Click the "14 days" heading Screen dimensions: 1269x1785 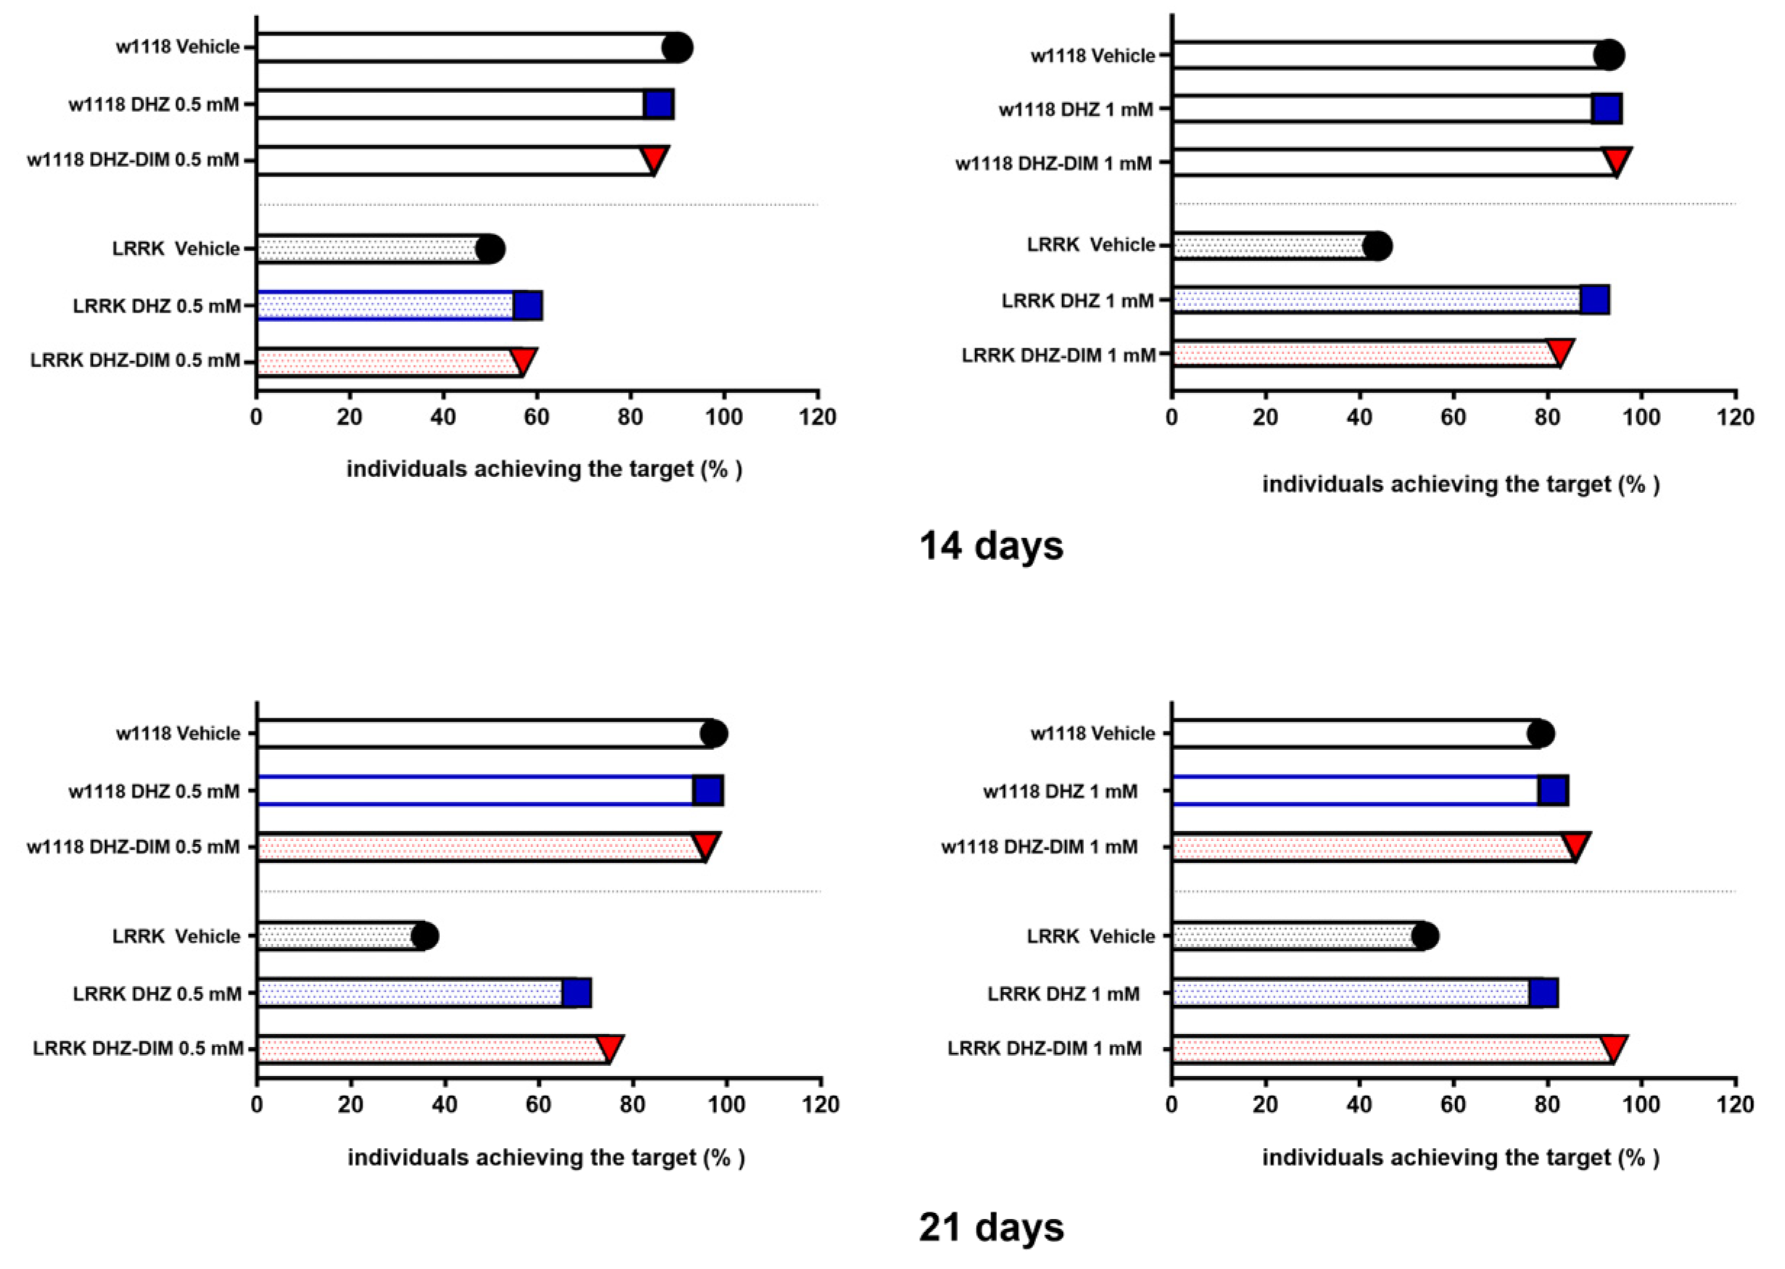point(990,545)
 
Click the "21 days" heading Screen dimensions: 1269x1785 point(990,1226)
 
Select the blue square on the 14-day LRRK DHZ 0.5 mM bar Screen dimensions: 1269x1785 point(528,305)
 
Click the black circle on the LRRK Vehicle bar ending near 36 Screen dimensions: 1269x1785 point(425,935)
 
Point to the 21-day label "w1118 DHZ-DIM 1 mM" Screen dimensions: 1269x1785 point(1039,847)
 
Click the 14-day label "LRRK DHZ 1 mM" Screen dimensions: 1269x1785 point(1077,301)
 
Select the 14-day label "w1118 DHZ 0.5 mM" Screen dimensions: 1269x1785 point(154,104)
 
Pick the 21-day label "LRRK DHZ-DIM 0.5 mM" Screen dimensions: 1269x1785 point(138,1049)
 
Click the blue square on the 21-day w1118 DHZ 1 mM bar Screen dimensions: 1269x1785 point(1553,791)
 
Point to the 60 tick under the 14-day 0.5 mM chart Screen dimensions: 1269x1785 point(537,416)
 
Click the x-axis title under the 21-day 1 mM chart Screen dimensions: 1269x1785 point(1461,1157)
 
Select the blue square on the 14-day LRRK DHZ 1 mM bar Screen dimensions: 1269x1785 point(1594,300)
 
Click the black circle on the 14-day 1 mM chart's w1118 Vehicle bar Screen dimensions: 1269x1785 point(1608,56)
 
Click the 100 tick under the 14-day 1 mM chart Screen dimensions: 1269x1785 point(1641,416)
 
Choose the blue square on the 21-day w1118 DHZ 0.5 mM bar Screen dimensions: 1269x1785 point(708,791)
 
